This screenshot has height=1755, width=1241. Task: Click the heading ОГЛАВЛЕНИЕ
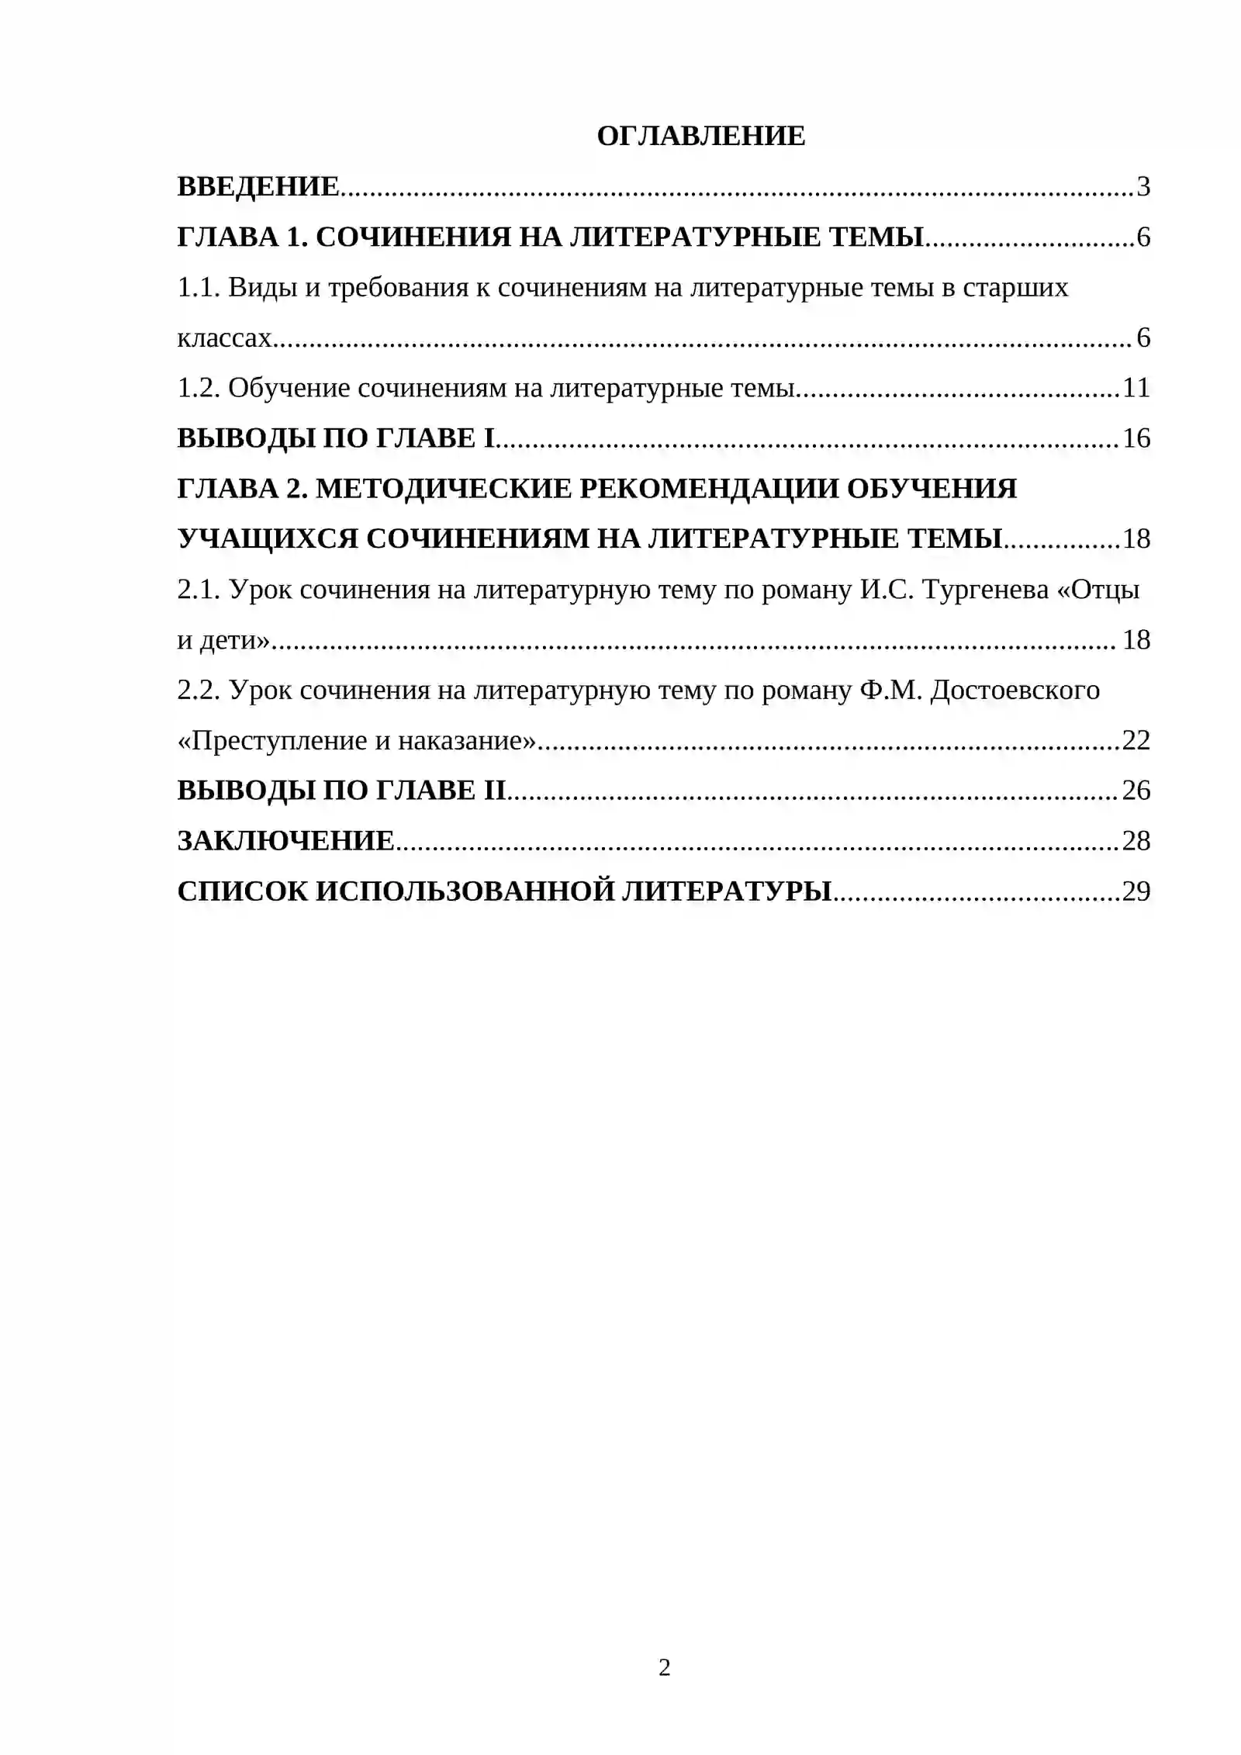[700, 137]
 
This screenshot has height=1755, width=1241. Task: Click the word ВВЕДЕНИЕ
[258, 187]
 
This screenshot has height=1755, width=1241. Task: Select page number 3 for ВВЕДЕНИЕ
[1142, 187]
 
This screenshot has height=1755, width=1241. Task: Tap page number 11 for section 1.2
[1136, 388]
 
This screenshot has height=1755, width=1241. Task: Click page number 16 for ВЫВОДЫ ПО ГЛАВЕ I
[1136, 438]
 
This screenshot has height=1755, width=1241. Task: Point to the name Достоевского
[1015, 690]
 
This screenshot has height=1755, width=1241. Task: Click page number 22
[1136, 741]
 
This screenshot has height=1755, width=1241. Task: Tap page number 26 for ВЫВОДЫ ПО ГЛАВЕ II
[1136, 791]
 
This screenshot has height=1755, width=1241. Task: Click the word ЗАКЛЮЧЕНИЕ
[286, 841]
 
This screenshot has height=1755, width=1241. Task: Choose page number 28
[1136, 841]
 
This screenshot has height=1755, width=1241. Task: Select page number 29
[1136, 891]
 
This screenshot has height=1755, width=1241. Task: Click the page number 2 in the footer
[664, 1667]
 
